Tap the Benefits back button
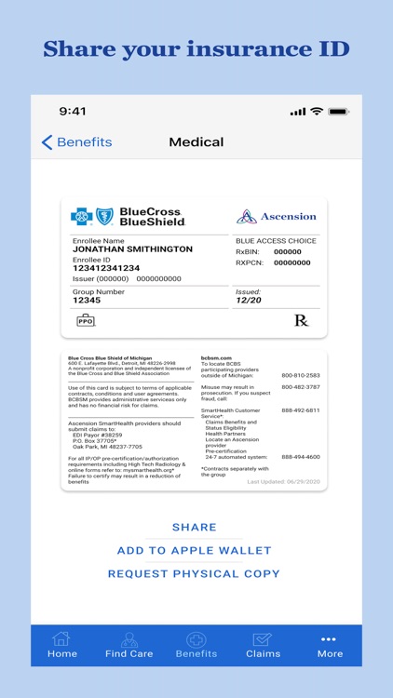(x=76, y=142)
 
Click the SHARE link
(x=195, y=528)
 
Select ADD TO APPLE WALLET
(x=195, y=551)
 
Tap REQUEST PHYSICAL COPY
(x=194, y=574)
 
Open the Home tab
(x=62, y=645)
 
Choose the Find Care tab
(x=129, y=645)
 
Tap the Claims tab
(x=263, y=645)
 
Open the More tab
(x=330, y=645)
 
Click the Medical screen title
(x=196, y=142)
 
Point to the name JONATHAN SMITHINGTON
(x=132, y=249)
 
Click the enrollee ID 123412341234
(x=106, y=268)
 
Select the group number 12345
(x=87, y=301)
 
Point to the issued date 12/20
(x=248, y=301)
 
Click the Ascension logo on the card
(x=277, y=217)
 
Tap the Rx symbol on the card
(x=301, y=320)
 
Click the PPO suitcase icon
(x=86, y=320)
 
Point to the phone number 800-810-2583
(x=300, y=376)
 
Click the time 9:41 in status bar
(x=73, y=112)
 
